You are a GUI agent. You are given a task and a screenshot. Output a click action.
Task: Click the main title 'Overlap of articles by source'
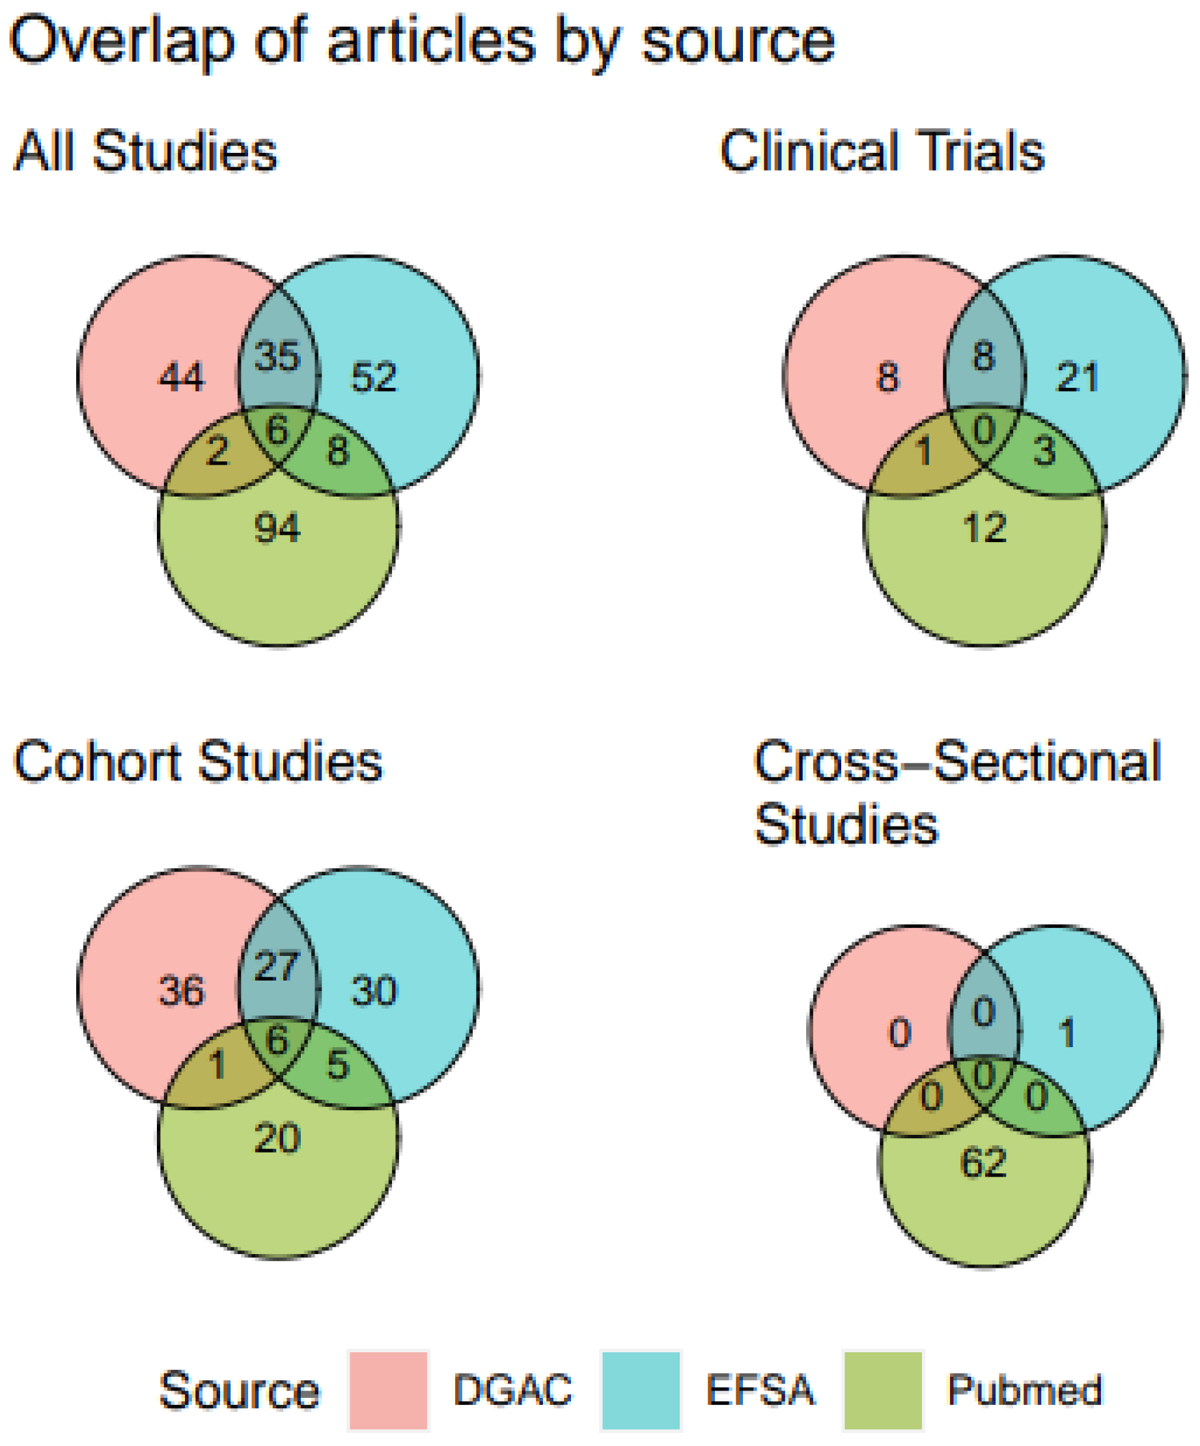421,43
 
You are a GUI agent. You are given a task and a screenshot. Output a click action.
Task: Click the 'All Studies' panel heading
146,152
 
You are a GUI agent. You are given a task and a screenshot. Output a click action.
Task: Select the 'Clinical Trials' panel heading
882,152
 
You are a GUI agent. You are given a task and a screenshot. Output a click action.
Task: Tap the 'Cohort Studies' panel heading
198,762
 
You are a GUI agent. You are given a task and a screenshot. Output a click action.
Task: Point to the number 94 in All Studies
277,529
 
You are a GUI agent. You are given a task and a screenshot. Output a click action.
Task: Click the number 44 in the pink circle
182,377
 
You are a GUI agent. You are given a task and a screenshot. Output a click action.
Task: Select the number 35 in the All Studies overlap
277,357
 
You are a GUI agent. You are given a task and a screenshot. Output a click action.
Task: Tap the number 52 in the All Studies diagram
374,377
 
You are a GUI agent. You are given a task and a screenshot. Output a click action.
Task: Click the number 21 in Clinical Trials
1078,377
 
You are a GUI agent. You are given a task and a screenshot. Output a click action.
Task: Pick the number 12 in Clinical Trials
984,529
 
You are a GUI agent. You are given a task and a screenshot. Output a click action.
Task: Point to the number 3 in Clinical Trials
1044,452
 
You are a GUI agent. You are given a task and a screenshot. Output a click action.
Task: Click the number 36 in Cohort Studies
182,992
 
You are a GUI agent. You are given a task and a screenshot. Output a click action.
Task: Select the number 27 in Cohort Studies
277,967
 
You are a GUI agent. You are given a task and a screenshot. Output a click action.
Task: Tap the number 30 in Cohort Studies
374,992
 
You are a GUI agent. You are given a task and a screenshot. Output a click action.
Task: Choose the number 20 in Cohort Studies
277,1138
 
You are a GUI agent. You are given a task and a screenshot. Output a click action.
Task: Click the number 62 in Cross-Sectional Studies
983,1163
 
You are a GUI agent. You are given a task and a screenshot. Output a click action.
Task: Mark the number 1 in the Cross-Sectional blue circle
1067,1033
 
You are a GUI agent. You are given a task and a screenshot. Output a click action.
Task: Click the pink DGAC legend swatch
389,1391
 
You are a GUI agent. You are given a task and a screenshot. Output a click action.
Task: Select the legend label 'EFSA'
760,1390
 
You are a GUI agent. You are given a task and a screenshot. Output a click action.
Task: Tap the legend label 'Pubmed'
1024,1390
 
